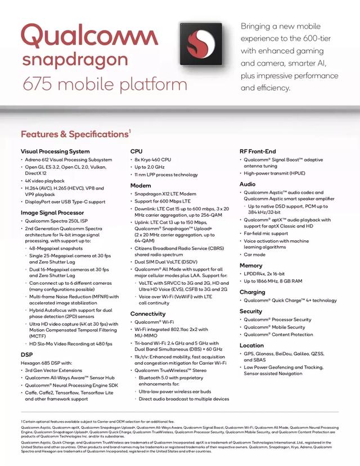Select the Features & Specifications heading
[x=74, y=135]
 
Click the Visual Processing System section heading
[x=55, y=151]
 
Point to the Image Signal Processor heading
[x=52, y=213]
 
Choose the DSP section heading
[x=26, y=355]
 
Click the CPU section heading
[x=136, y=151]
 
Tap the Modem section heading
[x=141, y=185]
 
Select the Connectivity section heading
[x=148, y=313]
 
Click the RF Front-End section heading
[x=258, y=151]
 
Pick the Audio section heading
[x=247, y=184]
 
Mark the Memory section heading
[x=251, y=265]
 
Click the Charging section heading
[x=253, y=292]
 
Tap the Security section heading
[x=251, y=311]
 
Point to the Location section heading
[x=251, y=346]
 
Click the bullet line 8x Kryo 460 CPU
[x=153, y=160]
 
